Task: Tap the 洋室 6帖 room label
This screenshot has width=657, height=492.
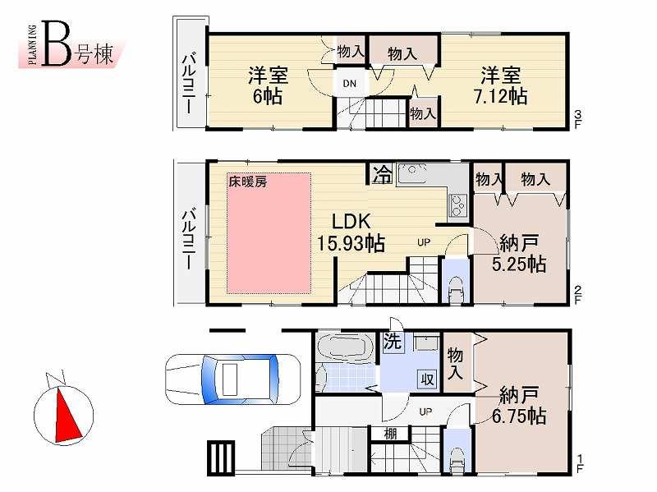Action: [x=269, y=85]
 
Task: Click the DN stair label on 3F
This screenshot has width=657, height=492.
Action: [x=349, y=82]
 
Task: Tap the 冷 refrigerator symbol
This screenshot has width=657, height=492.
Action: [x=382, y=174]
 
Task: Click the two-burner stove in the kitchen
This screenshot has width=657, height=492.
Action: [x=457, y=203]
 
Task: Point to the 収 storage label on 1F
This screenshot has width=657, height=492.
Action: [x=427, y=379]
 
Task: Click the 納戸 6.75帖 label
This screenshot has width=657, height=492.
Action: [x=519, y=406]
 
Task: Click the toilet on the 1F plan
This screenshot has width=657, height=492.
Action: [x=457, y=460]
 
